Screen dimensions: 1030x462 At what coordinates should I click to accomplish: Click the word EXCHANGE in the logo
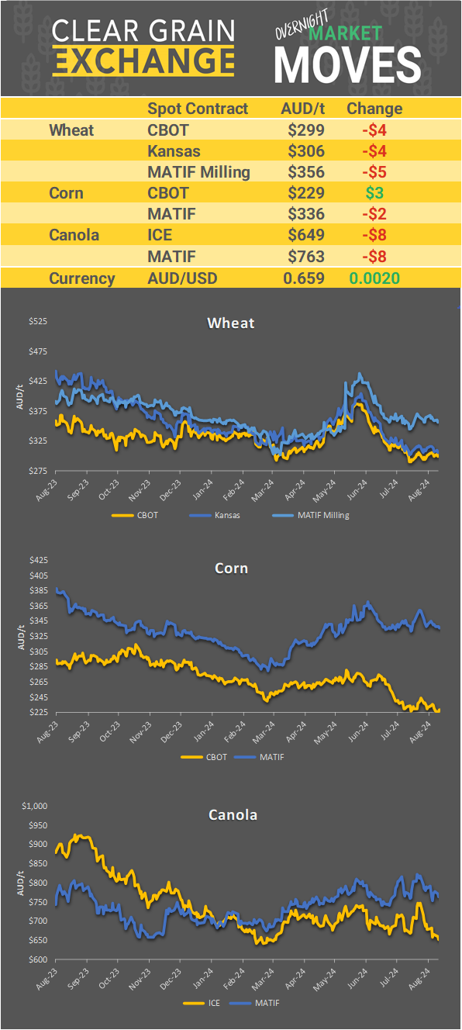click(x=143, y=60)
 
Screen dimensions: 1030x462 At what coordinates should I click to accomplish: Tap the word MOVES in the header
click(x=348, y=64)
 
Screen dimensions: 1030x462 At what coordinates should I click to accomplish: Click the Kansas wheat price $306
click(x=305, y=151)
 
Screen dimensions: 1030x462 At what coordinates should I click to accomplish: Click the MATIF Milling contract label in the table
click(x=198, y=172)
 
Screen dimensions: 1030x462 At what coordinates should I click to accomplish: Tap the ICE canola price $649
click(x=305, y=234)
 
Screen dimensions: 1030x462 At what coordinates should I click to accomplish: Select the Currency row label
click(x=82, y=278)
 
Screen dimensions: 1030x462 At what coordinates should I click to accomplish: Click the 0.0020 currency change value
click(x=374, y=278)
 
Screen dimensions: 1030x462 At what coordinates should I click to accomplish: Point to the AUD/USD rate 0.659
click(x=303, y=278)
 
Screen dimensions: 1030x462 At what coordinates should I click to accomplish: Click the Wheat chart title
click(x=231, y=323)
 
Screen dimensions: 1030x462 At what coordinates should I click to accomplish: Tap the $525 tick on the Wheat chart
click(x=37, y=321)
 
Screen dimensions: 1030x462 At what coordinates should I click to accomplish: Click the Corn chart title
click(x=231, y=569)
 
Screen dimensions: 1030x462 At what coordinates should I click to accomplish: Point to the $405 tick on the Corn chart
click(x=37, y=575)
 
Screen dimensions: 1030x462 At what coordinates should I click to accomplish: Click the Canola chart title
click(x=233, y=815)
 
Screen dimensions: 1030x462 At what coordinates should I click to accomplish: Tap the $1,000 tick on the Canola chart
click(x=35, y=807)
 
